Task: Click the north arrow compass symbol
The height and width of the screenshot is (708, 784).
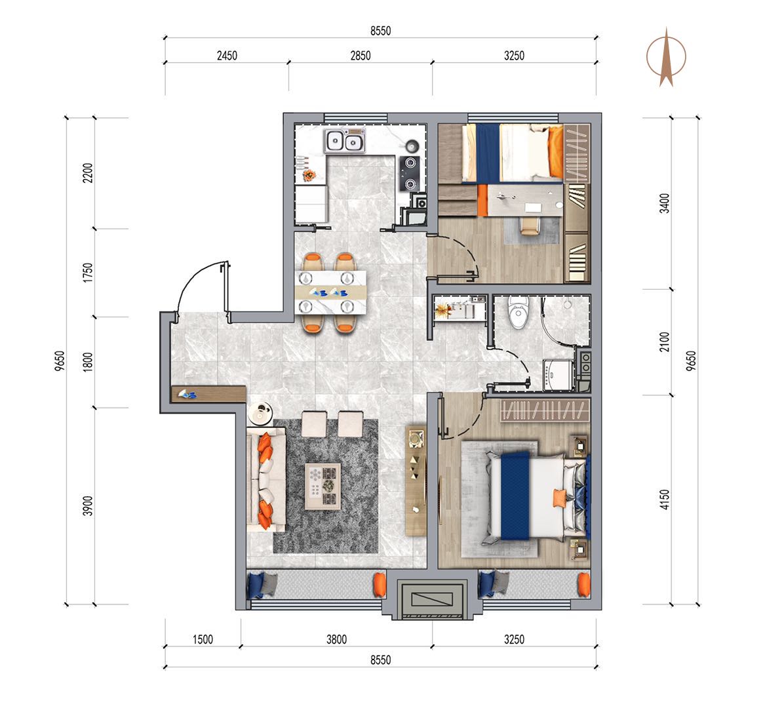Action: (666, 57)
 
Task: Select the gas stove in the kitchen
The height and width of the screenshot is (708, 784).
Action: (410, 173)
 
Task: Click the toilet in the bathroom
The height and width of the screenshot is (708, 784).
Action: (518, 311)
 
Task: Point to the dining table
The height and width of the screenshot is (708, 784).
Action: (330, 292)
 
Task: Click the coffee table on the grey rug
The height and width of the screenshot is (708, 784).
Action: (323, 486)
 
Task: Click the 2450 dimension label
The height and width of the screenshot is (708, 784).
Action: (227, 56)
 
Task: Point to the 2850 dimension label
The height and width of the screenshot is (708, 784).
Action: (361, 56)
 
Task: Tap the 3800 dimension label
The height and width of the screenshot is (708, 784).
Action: (336, 639)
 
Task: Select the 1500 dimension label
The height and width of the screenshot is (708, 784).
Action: (203, 639)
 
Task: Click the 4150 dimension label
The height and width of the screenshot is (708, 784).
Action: (664, 500)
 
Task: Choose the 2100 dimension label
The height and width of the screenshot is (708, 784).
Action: (664, 342)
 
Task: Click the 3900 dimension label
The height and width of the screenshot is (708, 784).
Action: (88, 506)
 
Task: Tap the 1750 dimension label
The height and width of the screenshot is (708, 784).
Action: (88, 273)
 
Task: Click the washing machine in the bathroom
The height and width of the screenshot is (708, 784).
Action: (558, 374)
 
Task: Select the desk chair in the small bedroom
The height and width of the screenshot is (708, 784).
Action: (530, 224)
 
